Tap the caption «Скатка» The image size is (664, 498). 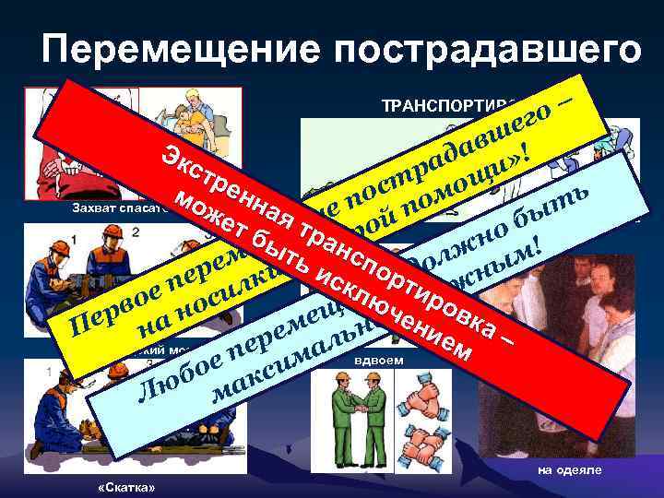[x=125, y=486]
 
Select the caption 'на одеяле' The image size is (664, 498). [x=569, y=469]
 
